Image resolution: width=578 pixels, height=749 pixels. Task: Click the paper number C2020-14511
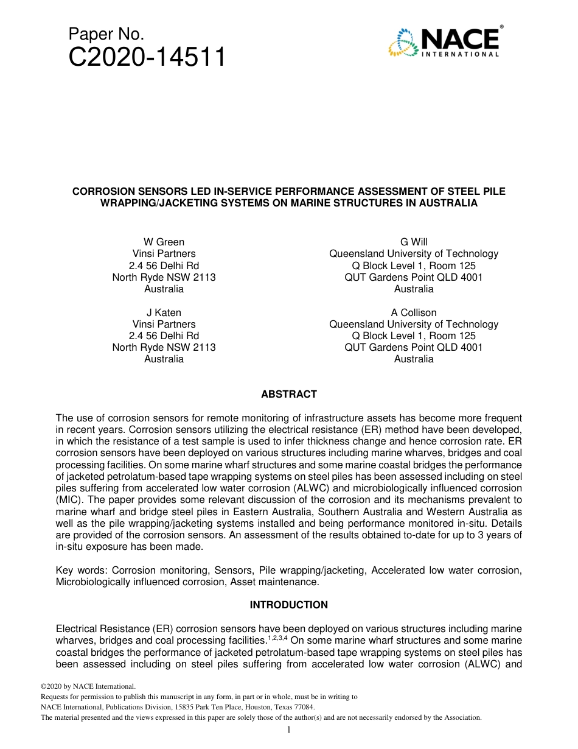[147, 58]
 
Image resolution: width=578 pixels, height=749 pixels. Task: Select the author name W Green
[164, 242]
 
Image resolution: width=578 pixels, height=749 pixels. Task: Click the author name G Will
[414, 242]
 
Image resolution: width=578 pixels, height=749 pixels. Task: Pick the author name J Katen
[164, 313]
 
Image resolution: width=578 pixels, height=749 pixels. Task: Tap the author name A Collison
[414, 313]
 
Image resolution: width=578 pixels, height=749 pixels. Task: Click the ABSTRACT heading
[289, 395]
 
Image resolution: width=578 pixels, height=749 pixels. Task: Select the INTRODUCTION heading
[289, 605]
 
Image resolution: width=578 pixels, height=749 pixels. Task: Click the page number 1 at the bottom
[289, 730]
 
